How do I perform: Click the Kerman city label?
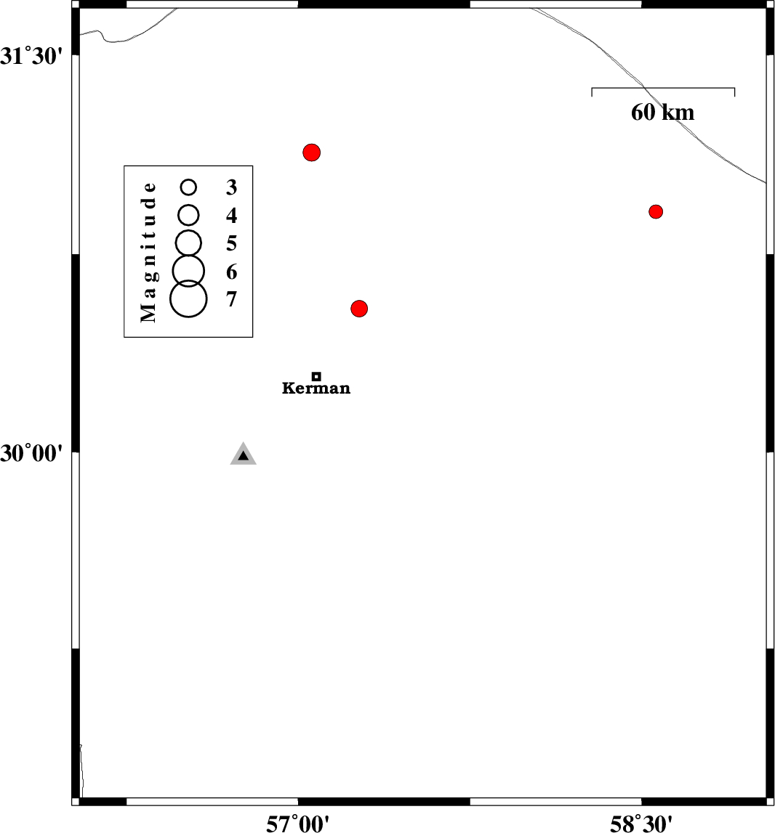[316, 389]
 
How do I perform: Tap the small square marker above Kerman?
[316, 377]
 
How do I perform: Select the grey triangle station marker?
[243, 454]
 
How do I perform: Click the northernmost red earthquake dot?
[311, 153]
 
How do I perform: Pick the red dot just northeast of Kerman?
[359, 309]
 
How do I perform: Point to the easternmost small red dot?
[656, 211]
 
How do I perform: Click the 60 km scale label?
[663, 113]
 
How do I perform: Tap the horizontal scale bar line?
[663, 88]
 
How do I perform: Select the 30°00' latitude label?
[31, 454]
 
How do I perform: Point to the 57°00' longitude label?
[298, 824]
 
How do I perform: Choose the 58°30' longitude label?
[641, 824]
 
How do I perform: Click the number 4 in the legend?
[231, 215]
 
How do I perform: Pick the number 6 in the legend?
[231, 272]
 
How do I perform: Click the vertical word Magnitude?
[148, 252]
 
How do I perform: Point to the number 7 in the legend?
[231, 299]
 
